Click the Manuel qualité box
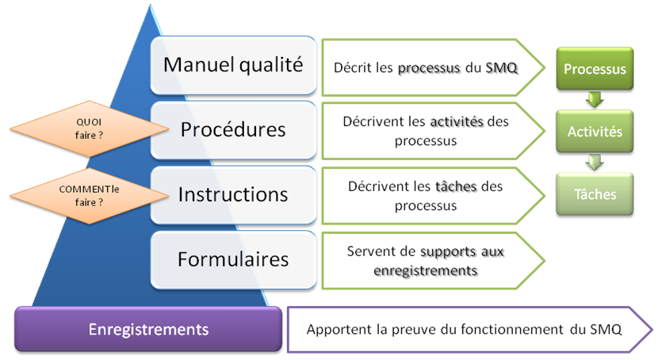232,65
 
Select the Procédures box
232,128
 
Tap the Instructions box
232,193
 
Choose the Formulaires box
232,259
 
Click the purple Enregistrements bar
148,329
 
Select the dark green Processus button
595,69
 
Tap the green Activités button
595,132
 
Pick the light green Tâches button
595,194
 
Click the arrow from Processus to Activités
595,99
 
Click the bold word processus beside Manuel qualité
429,68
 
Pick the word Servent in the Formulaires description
370,251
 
